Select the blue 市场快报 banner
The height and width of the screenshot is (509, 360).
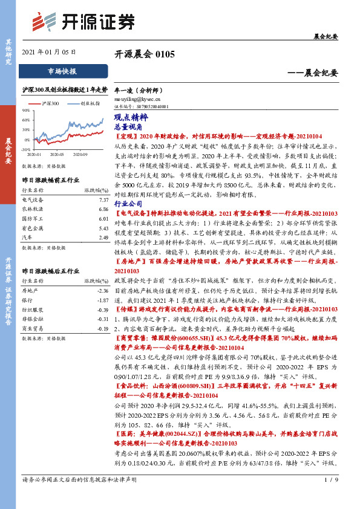[62, 71]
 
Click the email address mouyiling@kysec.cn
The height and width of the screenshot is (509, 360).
[137, 97]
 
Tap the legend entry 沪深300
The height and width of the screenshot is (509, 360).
[50, 103]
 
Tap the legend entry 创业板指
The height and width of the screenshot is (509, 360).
[89, 103]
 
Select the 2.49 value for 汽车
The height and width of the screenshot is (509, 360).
[103, 238]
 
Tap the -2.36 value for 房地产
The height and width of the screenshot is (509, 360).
[102, 290]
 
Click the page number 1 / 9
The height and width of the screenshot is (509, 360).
[329, 497]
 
